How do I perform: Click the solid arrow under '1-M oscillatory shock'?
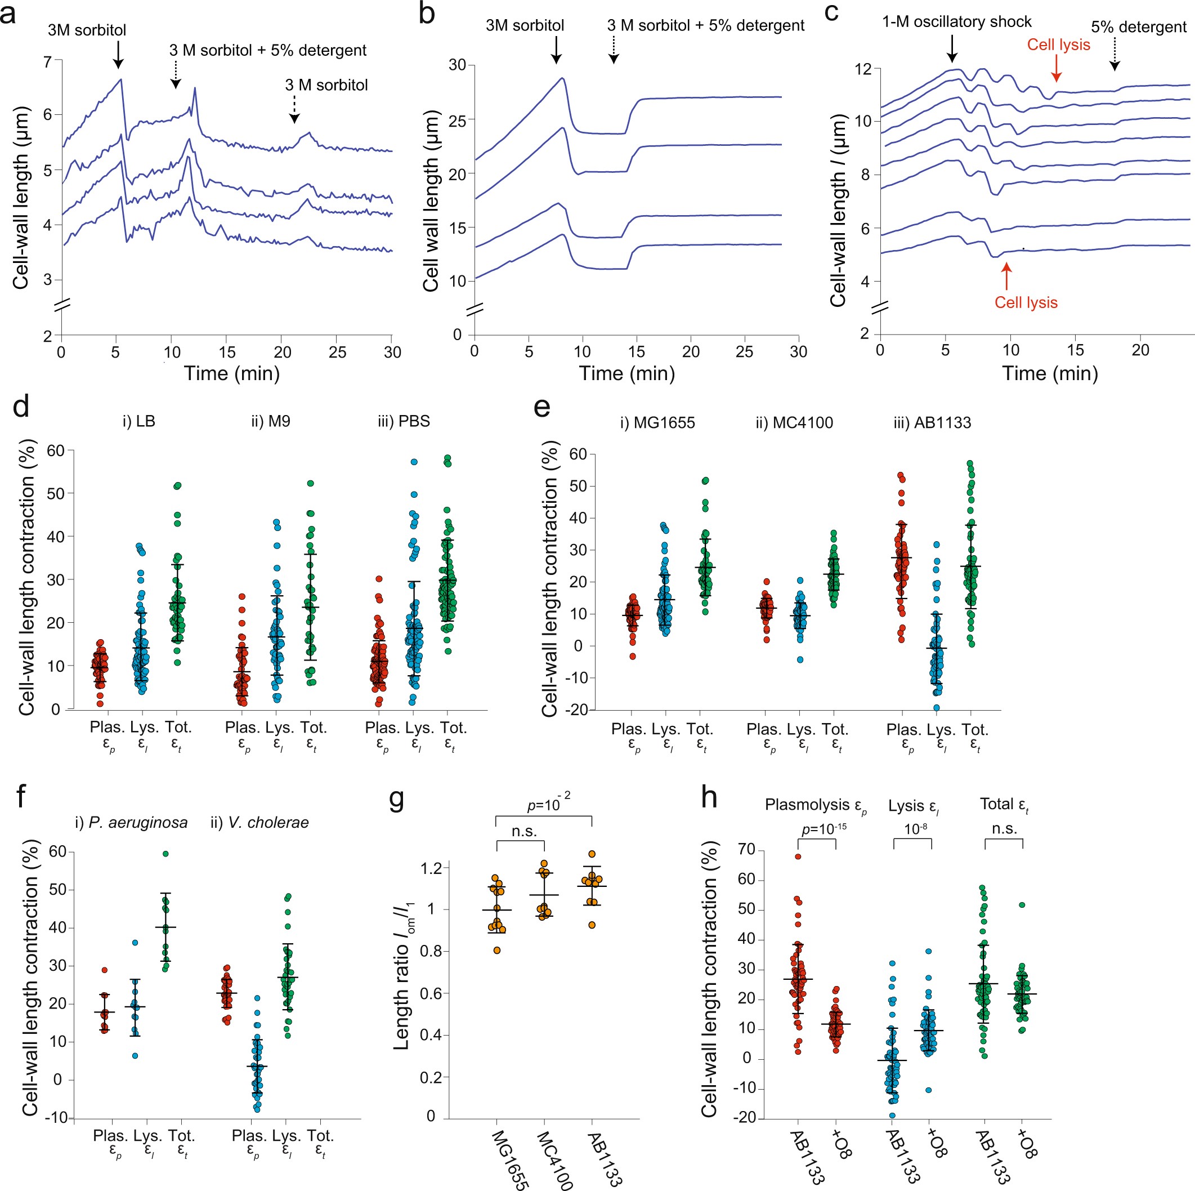[952, 49]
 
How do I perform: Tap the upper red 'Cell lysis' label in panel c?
[1058, 44]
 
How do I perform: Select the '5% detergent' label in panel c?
[1139, 27]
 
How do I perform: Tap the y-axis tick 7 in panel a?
[48, 61]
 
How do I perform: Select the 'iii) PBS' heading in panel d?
[403, 421]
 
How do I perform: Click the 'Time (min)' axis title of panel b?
[626, 373]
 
